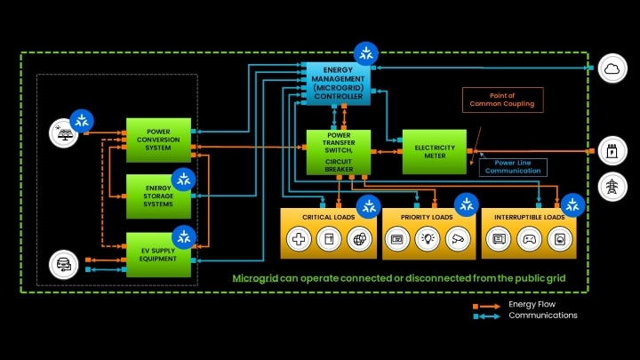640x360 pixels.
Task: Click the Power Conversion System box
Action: coord(159,140)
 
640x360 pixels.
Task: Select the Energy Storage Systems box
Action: coord(159,196)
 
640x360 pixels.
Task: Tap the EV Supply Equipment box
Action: coord(159,251)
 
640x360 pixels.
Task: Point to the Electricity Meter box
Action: coord(434,152)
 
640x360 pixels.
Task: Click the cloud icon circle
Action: coord(613,68)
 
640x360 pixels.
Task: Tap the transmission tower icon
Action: coord(613,186)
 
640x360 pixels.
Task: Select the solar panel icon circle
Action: coord(62,132)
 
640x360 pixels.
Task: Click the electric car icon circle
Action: coord(62,263)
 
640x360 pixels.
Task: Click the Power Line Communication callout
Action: coord(513,166)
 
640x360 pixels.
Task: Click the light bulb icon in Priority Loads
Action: coord(428,238)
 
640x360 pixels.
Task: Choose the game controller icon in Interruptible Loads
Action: coord(528,238)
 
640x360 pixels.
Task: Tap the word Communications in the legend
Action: coord(542,316)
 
